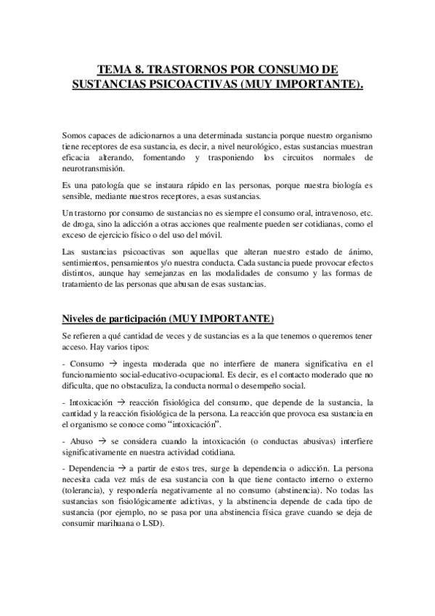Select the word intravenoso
pyautogui.click(x=327, y=212)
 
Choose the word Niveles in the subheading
pyautogui.click(x=81, y=319)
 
